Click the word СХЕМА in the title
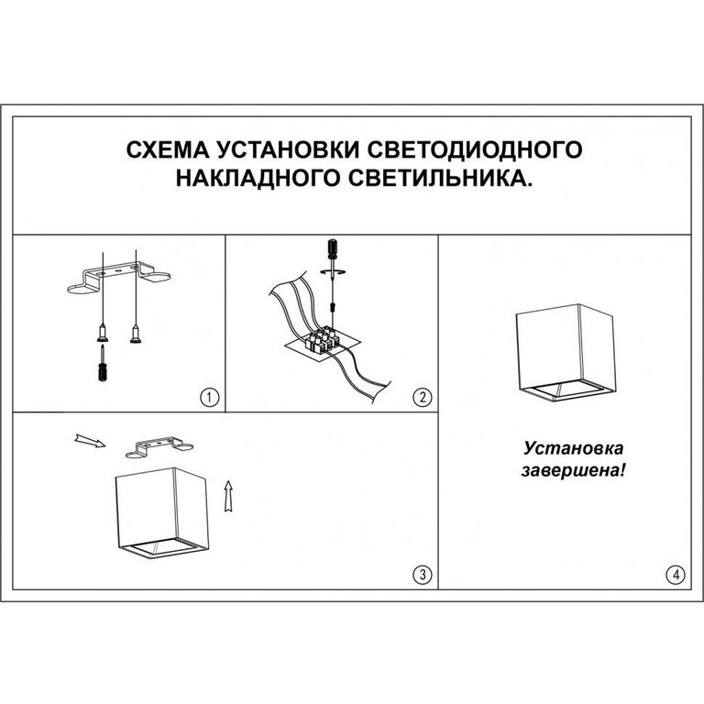168,149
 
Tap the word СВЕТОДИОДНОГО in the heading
477,149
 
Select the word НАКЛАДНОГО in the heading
258,178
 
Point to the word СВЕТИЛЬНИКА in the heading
440,178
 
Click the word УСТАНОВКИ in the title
291,149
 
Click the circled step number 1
209,397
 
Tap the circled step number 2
422,397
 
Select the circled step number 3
422,574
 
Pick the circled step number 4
676,574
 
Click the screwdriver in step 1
103,364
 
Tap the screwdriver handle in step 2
333,249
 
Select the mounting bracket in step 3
159,447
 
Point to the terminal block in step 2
322,340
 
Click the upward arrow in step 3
228,496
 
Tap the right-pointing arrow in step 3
90,441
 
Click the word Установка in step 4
573,448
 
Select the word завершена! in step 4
573,470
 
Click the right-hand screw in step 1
135,335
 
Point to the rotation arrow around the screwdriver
334,272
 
